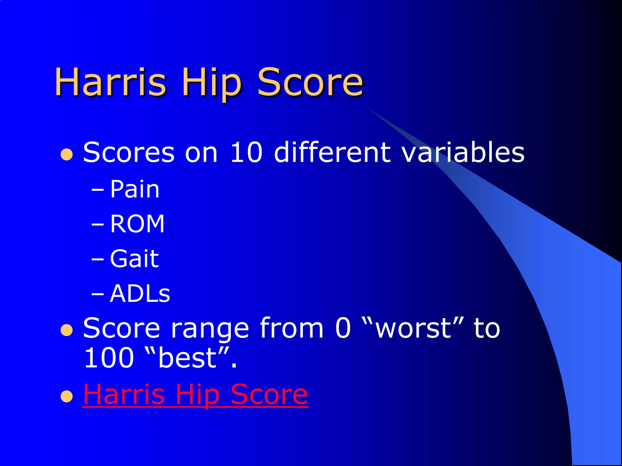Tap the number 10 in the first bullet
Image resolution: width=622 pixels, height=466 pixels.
click(x=246, y=152)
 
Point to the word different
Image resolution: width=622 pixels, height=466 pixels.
click(x=332, y=152)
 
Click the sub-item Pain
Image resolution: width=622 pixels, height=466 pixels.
click(x=135, y=189)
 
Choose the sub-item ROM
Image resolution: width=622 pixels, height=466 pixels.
click(x=137, y=224)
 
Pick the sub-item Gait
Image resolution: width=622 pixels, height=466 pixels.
click(x=134, y=259)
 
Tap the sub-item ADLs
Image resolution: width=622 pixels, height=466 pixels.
click(x=140, y=294)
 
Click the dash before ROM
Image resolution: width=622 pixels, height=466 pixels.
click(x=97, y=225)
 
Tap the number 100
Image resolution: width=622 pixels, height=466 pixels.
click(x=109, y=358)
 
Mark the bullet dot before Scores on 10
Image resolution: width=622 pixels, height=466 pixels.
click(x=67, y=154)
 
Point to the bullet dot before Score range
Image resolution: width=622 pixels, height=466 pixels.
click(x=67, y=330)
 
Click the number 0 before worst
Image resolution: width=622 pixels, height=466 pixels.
click(x=343, y=328)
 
